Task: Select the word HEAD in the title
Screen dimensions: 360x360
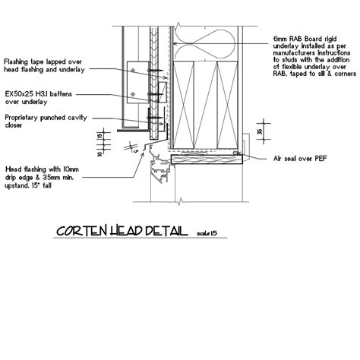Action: [130, 230]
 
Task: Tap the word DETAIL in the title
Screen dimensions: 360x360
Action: [167, 230]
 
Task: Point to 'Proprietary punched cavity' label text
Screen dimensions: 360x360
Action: [46, 118]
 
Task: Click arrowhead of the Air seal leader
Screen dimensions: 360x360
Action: [241, 156]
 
